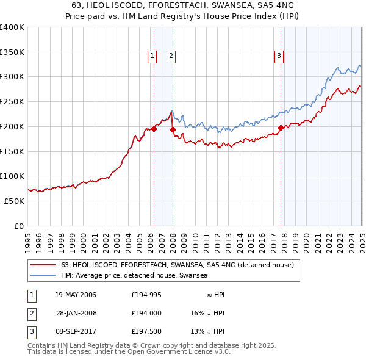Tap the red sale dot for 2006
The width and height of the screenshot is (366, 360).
coord(154,129)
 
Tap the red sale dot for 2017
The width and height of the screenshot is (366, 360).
coord(281,128)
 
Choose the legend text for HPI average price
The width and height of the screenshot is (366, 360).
coord(134,276)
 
